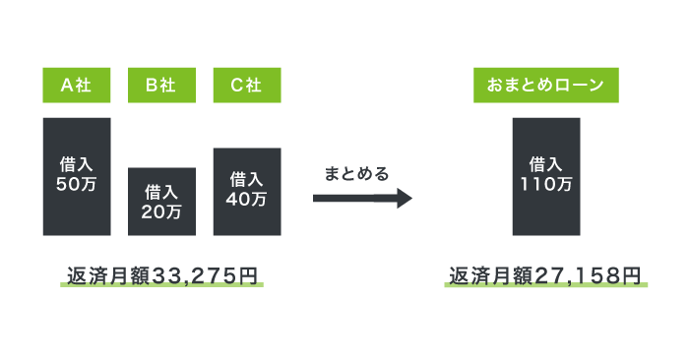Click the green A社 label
point(77,86)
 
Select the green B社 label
point(161,86)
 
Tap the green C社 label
point(247,86)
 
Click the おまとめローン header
point(545,86)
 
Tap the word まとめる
point(357,174)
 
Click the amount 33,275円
point(206,274)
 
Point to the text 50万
point(77,184)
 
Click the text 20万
point(161,210)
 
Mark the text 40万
point(247,199)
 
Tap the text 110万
point(545,184)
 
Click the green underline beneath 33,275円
point(161,285)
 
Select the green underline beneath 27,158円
point(545,285)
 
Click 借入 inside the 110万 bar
point(545,164)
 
